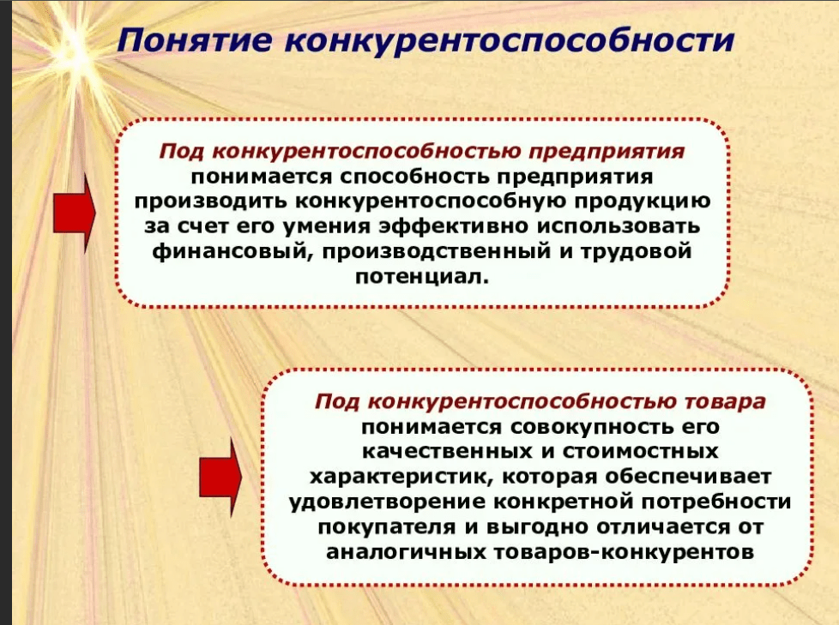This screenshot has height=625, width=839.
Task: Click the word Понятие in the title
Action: pos(195,40)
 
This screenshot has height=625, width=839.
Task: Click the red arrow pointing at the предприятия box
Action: pos(75,213)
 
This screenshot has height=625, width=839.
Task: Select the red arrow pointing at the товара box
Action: pos(220,477)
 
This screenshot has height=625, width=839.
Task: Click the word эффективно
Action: pos(455,225)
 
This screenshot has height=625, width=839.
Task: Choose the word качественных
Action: pos(447,451)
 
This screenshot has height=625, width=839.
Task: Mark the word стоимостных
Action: pos(639,451)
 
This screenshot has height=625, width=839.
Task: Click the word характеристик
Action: pos(401,477)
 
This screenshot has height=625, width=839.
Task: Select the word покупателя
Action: pos(385,527)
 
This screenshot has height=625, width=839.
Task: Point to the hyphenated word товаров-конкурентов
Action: pos(624,552)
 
